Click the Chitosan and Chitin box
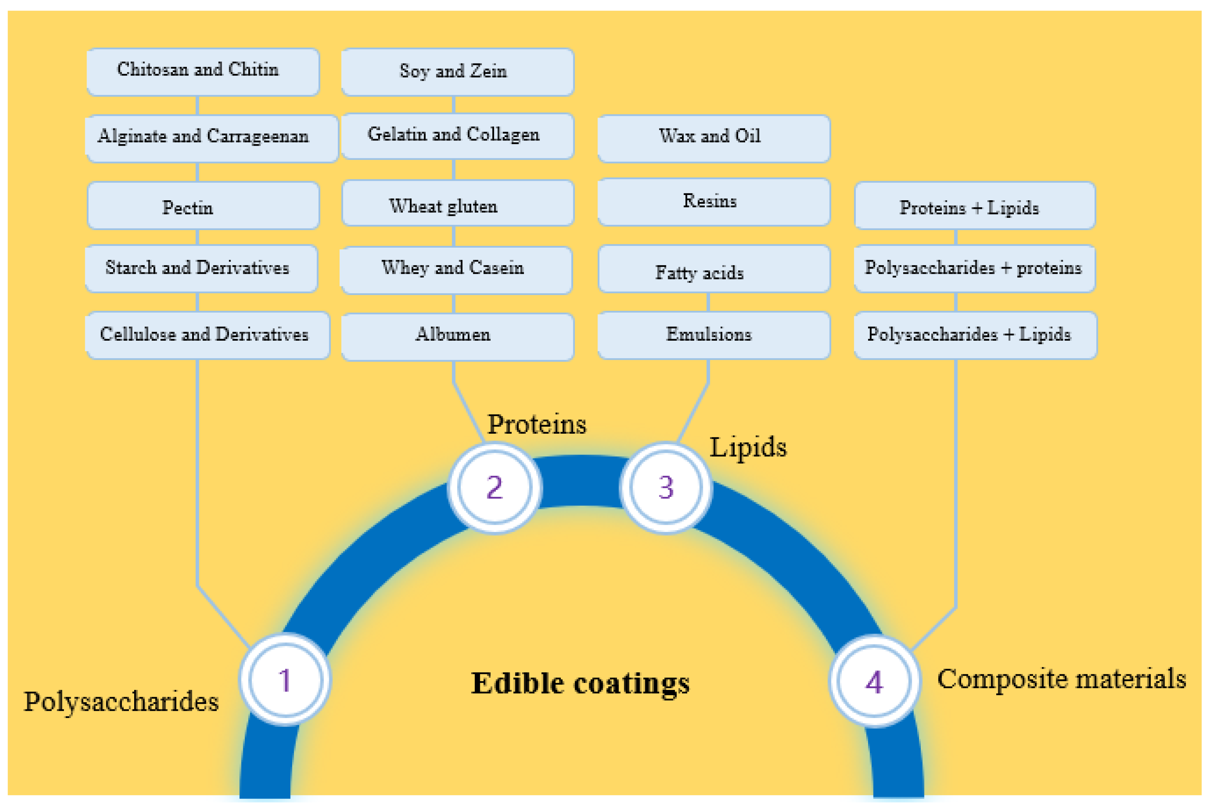click(x=203, y=72)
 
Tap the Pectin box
click(x=203, y=205)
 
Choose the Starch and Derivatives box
click(x=201, y=269)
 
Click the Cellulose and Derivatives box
click(x=207, y=335)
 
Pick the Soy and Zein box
click(x=457, y=72)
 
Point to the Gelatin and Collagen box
click(x=457, y=136)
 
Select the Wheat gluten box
click(x=457, y=203)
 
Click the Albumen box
click(x=457, y=336)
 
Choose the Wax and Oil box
click(x=714, y=138)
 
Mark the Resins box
click(x=714, y=202)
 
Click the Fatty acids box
click(x=714, y=269)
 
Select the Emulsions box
click(x=714, y=335)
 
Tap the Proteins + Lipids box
click(x=975, y=205)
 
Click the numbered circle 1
click(x=285, y=680)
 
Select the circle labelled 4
click(x=874, y=681)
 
